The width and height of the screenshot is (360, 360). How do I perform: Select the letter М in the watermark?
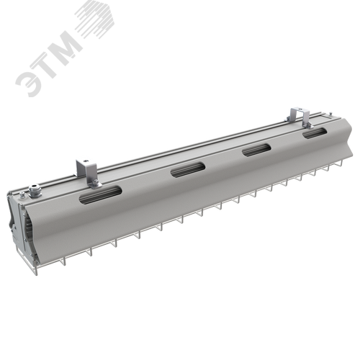point(67,45)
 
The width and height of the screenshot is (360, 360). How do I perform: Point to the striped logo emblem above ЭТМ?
point(95,19)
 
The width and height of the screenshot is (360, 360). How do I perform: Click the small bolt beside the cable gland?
point(22,195)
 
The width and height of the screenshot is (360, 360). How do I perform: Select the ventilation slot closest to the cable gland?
point(100,195)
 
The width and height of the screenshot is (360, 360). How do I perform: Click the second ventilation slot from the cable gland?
point(188,170)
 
